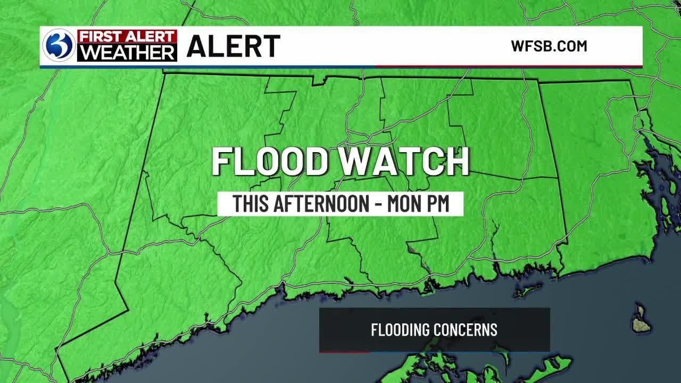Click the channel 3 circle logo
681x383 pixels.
pyautogui.click(x=59, y=46)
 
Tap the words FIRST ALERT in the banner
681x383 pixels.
pyautogui.click(x=127, y=37)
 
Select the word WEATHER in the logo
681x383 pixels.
pyautogui.click(x=127, y=53)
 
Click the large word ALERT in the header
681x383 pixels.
pyautogui.click(x=233, y=46)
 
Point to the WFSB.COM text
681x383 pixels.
pyautogui.click(x=549, y=46)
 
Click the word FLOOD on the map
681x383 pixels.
pyautogui.click(x=270, y=161)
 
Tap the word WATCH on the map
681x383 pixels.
pyautogui.click(x=405, y=161)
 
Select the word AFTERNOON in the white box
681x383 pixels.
pyautogui.click(x=323, y=204)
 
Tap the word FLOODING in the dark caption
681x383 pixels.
pyautogui.click(x=400, y=330)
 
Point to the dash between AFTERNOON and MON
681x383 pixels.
pyautogui.click(x=377, y=205)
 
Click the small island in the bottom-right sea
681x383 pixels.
pyautogui.click(x=641, y=319)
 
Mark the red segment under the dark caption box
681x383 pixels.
pyautogui.click(x=344, y=352)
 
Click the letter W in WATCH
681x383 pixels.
pyautogui.click(x=358, y=161)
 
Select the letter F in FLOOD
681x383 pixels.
pyautogui.click(x=222, y=161)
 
